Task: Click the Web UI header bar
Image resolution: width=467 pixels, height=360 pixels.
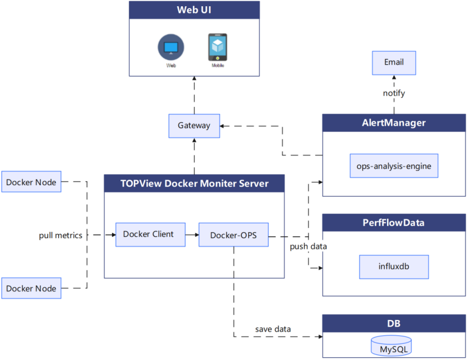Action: [x=194, y=10]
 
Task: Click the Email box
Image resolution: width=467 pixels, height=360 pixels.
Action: [x=394, y=62]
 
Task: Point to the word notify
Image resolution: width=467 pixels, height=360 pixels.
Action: [x=394, y=93]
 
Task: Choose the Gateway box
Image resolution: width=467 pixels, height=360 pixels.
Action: [x=194, y=125]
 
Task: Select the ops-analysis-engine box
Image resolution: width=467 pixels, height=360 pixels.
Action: [x=394, y=166]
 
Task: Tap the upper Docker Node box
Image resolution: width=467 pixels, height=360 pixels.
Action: [x=32, y=182]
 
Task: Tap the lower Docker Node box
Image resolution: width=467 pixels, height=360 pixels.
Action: [x=32, y=288]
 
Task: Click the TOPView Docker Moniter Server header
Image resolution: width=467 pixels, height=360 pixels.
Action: [x=194, y=183]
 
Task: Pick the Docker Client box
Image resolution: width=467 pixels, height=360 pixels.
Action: [x=150, y=235]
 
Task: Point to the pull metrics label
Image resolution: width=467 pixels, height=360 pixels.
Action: [x=60, y=235]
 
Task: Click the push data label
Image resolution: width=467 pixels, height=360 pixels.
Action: [x=308, y=247]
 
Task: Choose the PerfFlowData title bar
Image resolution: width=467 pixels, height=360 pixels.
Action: [x=394, y=223]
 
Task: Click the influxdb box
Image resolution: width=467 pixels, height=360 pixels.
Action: [x=394, y=267]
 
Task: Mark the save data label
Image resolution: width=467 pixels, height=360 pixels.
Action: [x=273, y=329]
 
